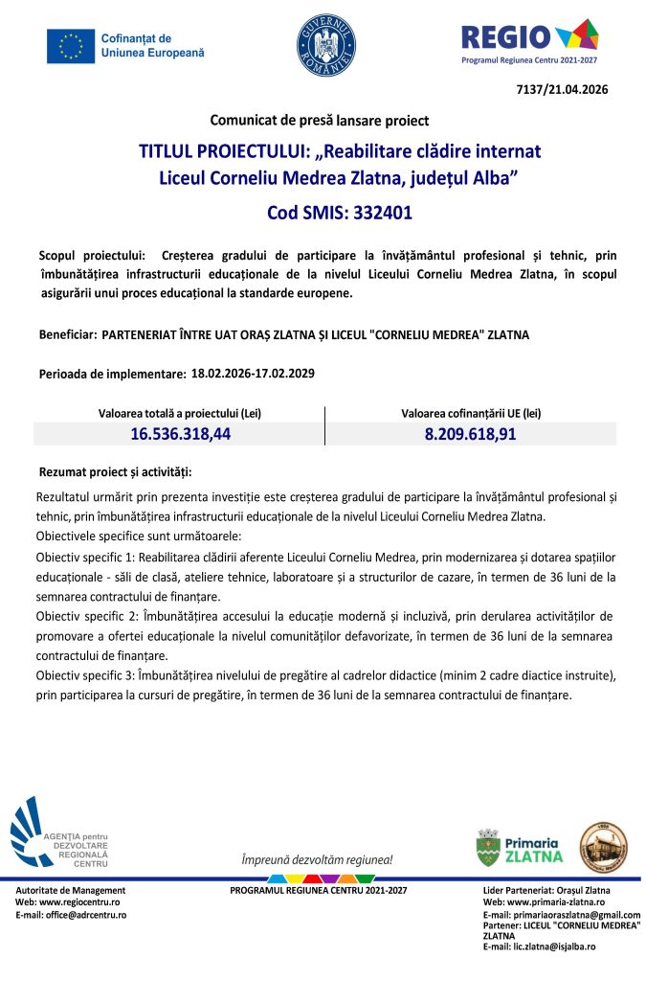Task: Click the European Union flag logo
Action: pos(70,45)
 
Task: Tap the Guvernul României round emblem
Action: pos(326,45)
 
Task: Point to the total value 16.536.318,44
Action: pos(181,434)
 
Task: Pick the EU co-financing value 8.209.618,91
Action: pos(471,434)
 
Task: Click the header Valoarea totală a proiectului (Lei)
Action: pos(181,413)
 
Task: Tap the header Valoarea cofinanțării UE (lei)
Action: pos(471,413)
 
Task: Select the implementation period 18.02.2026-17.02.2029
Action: pos(254,372)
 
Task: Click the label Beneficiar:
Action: pos(68,335)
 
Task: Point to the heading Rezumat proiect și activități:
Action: pos(115,472)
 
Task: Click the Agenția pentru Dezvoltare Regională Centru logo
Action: pos(59,833)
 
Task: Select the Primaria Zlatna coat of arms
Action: pos(489,848)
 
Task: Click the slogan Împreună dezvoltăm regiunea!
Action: pos(317,860)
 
